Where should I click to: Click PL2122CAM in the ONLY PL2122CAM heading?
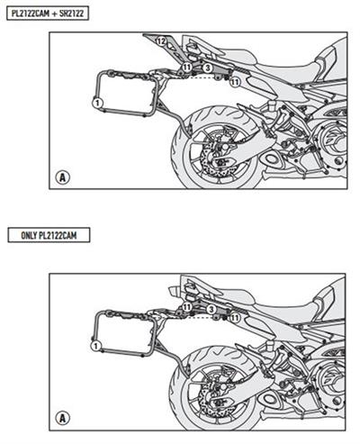coord(68,235)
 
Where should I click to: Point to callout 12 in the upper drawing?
coord(159,43)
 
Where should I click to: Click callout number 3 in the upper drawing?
coord(207,68)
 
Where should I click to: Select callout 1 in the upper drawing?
coord(95,104)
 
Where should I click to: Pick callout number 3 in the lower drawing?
coord(210,309)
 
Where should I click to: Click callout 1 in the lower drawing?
coord(95,345)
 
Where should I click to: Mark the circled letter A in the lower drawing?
coord(62,417)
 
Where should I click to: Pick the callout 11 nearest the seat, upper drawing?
coord(234,82)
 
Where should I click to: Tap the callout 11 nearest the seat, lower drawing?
coord(236,317)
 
